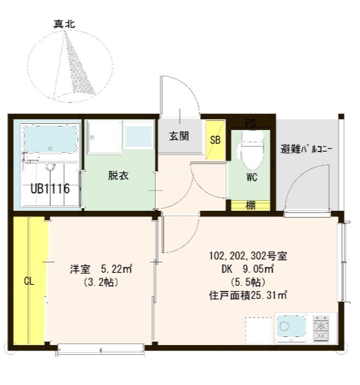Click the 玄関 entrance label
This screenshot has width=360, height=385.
click(178, 137)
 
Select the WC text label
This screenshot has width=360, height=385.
click(251, 177)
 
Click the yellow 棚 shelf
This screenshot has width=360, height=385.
click(250, 205)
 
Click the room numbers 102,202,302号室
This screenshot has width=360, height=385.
click(248, 255)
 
